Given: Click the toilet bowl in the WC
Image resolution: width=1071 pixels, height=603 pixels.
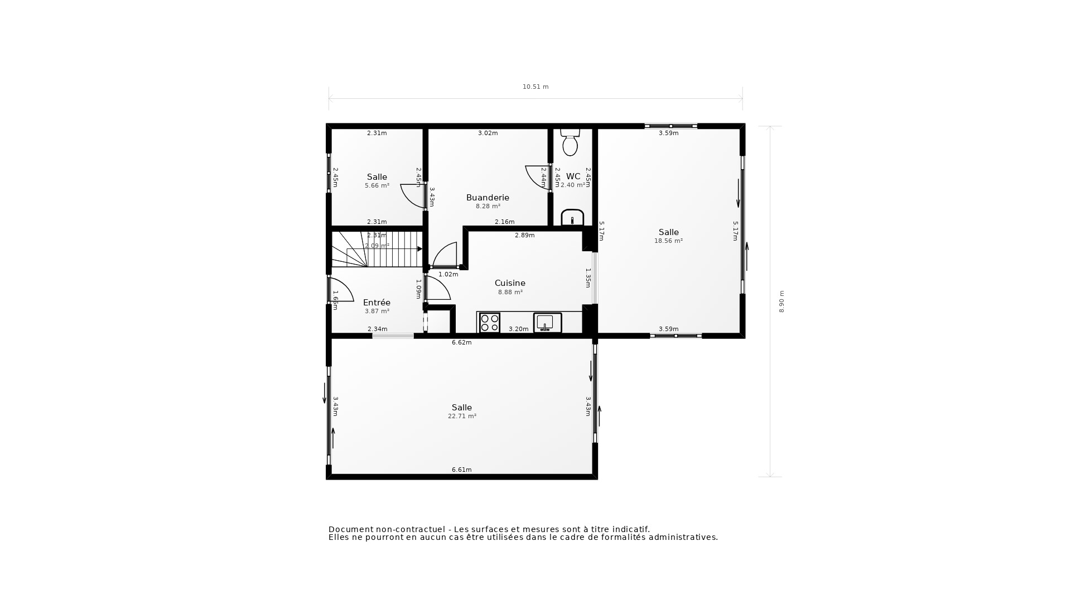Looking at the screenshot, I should point(570,144).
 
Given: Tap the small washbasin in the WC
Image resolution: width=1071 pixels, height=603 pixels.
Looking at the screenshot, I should point(572,218).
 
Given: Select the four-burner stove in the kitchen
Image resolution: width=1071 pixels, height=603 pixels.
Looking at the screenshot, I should point(490,323).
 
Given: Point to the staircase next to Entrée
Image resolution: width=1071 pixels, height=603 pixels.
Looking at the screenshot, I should point(377,250).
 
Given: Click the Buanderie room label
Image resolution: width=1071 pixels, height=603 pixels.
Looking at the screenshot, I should point(488,198).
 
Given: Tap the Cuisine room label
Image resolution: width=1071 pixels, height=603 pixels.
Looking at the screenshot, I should point(510,283).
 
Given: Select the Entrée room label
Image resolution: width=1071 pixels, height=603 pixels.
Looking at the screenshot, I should point(377,303).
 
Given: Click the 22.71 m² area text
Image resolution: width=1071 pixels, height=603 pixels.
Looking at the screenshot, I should point(462,417).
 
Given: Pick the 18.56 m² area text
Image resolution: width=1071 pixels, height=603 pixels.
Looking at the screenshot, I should point(668,241).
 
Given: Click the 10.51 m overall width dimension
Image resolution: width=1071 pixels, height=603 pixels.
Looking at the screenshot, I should point(535,87).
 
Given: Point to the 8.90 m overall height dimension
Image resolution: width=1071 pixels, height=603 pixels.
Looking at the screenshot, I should point(781,301).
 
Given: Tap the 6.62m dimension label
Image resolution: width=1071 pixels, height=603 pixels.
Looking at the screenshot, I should point(461,343).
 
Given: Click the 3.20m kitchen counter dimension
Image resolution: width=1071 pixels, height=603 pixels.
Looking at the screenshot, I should point(518,329).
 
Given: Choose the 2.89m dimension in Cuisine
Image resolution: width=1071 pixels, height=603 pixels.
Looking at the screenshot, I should point(524,236).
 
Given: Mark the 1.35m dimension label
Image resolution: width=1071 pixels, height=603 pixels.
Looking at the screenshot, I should point(588,278).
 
